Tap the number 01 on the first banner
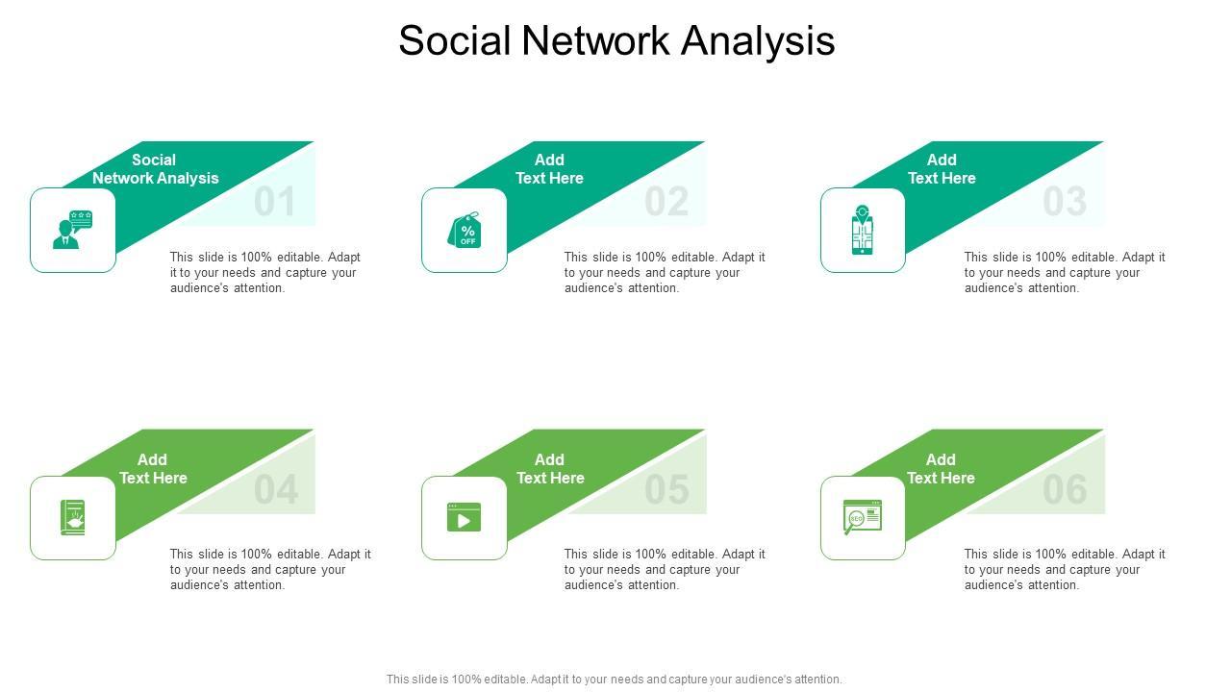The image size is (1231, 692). click(x=275, y=203)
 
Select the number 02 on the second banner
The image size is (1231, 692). click(x=666, y=203)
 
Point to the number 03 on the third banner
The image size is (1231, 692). click(x=1065, y=203)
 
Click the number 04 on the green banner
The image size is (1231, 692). click(x=275, y=491)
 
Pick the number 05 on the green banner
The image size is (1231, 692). click(x=666, y=491)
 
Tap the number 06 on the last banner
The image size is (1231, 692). click(x=1065, y=491)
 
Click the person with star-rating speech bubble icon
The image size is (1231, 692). click(x=73, y=230)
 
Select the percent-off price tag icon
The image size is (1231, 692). click(x=465, y=231)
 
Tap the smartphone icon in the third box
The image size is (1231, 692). click(x=863, y=231)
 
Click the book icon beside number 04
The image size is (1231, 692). click(x=73, y=518)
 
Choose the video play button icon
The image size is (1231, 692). click(x=465, y=518)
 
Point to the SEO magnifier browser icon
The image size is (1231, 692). click(x=862, y=517)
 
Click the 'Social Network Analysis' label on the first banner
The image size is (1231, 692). click(x=155, y=169)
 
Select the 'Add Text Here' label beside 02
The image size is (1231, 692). click(x=549, y=169)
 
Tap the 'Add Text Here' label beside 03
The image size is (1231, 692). click(x=942, y=169)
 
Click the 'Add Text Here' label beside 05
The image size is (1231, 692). click(x=550, y=469)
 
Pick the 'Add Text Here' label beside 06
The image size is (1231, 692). click(x=941, y=469)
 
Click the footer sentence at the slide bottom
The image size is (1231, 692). click(x=615, y=680)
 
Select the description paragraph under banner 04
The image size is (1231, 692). click(x=269, y=569)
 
